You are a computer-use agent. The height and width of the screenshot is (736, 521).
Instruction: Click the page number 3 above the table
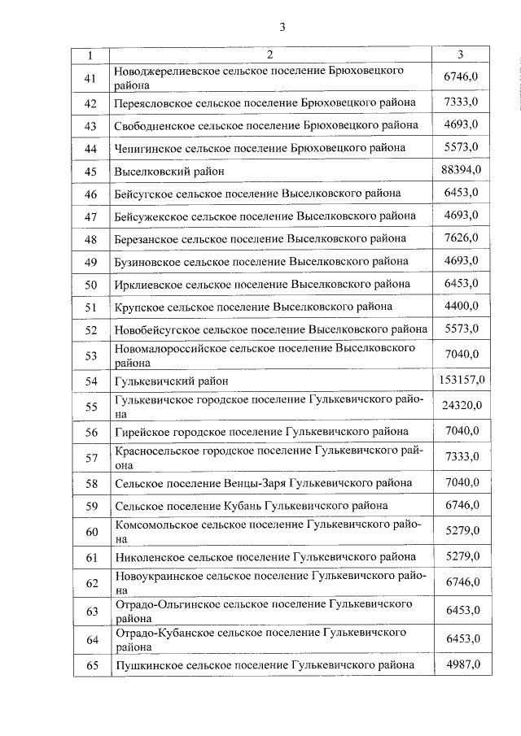[x=282, y=27]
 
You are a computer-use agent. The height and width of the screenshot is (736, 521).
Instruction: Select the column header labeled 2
[x=269, y=55]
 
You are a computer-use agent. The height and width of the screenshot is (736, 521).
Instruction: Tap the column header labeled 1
[x=90, y=55]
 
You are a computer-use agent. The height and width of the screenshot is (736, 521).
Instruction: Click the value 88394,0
[x=461, y=169]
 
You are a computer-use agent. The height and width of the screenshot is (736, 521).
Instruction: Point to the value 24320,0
[x=461, y=405]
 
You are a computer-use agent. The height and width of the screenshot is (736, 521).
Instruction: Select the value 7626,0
[x=461, y=238]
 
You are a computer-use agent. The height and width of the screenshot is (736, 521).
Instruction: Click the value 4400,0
[x=461, y=307]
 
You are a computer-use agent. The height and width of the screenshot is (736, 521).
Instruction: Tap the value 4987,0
[x=461, y=664]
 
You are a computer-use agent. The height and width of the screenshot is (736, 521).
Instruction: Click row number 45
[x=90, y=171]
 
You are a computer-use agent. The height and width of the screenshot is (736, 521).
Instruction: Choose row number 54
[x=90, y=381]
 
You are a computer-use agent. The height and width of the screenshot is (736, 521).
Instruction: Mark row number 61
[x=90, y=557]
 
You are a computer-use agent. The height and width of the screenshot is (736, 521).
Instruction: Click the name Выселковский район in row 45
[x=169, y=172]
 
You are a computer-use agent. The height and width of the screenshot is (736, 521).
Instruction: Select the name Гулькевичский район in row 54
[x=172, y=381]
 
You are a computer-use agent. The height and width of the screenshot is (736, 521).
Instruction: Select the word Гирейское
[x=142, y=431]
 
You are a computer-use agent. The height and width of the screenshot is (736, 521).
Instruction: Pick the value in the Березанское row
[x=461, y=238]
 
